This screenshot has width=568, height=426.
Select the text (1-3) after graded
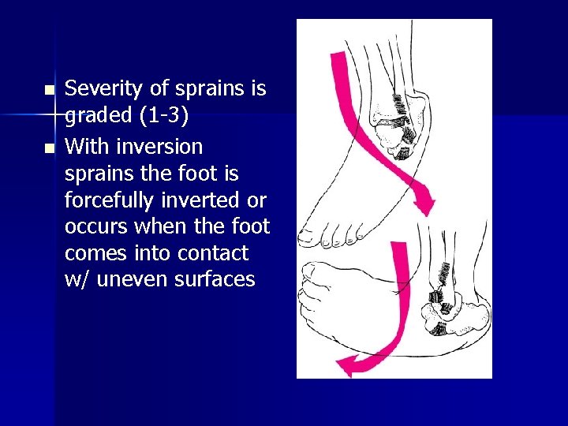point(162,115)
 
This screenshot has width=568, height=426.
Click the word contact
point(215,253)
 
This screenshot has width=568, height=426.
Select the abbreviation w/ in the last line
point(77,279)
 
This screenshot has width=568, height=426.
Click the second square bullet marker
point(49,148)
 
